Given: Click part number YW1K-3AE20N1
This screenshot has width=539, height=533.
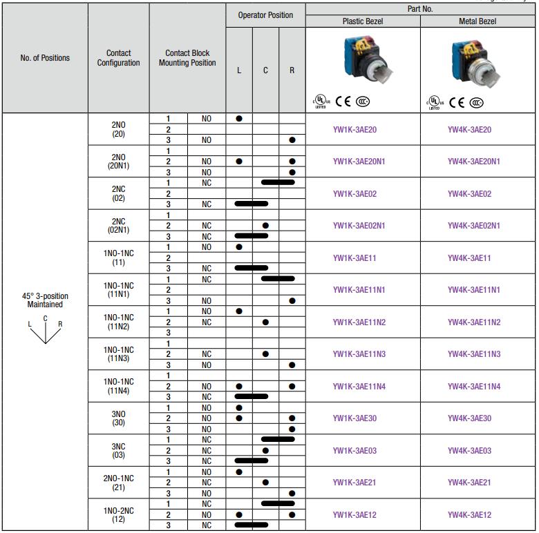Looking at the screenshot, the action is point(359,162).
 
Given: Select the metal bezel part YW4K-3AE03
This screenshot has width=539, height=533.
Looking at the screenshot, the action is point(469,451).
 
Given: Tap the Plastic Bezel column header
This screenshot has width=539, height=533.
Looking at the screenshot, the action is point(363,21).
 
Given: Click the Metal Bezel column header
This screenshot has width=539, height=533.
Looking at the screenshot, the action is point(477,21).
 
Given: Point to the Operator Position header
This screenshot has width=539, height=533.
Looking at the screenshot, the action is point(265,15).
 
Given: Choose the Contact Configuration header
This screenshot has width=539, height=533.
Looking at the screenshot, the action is point(119,58).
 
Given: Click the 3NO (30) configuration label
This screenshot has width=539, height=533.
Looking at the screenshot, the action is point(119,418).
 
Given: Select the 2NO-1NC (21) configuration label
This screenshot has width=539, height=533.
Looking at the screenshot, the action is point(119,483).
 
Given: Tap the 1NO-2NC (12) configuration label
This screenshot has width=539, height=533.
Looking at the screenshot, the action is point(119,515).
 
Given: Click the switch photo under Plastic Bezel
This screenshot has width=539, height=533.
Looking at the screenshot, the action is point(368,59).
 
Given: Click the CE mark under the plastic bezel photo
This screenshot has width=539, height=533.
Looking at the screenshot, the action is point(343,101).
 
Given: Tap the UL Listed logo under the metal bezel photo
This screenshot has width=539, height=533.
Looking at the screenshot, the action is point(435,103).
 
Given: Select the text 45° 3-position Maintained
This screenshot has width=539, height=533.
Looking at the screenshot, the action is point(45,300).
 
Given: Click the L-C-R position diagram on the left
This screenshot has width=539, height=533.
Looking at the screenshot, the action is point(46,330).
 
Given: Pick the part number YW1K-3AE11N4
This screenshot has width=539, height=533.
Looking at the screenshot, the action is point(359,387).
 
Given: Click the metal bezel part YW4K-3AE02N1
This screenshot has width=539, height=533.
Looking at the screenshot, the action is point(473,226).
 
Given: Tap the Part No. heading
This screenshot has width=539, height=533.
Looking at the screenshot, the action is point(420,9).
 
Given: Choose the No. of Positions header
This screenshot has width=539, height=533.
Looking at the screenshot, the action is point(45,58).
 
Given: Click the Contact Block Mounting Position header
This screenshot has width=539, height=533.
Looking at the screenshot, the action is point(187,58).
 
